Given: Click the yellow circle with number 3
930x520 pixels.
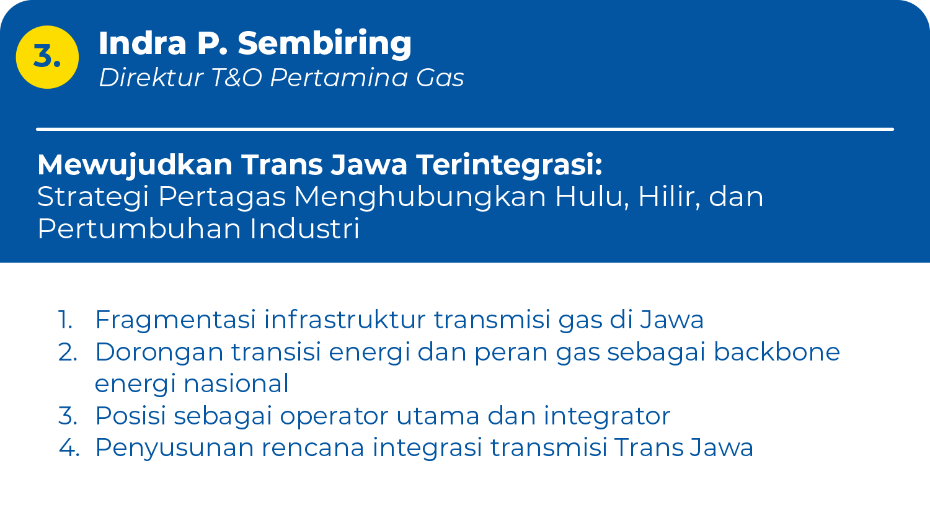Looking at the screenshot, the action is (47, 57).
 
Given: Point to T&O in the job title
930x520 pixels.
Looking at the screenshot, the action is (237, 78).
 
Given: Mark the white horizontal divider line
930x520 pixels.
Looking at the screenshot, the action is (465, 129).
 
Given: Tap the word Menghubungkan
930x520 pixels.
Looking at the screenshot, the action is (420, 197).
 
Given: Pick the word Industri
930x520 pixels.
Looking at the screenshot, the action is (304, 228).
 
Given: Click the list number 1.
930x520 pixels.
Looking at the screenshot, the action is (66, 320).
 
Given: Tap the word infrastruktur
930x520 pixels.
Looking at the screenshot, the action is (345, 320).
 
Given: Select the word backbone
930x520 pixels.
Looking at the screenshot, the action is (777, 352).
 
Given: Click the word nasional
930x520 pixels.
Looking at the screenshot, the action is (236, 383).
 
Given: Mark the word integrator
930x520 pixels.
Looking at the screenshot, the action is (607, 416).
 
